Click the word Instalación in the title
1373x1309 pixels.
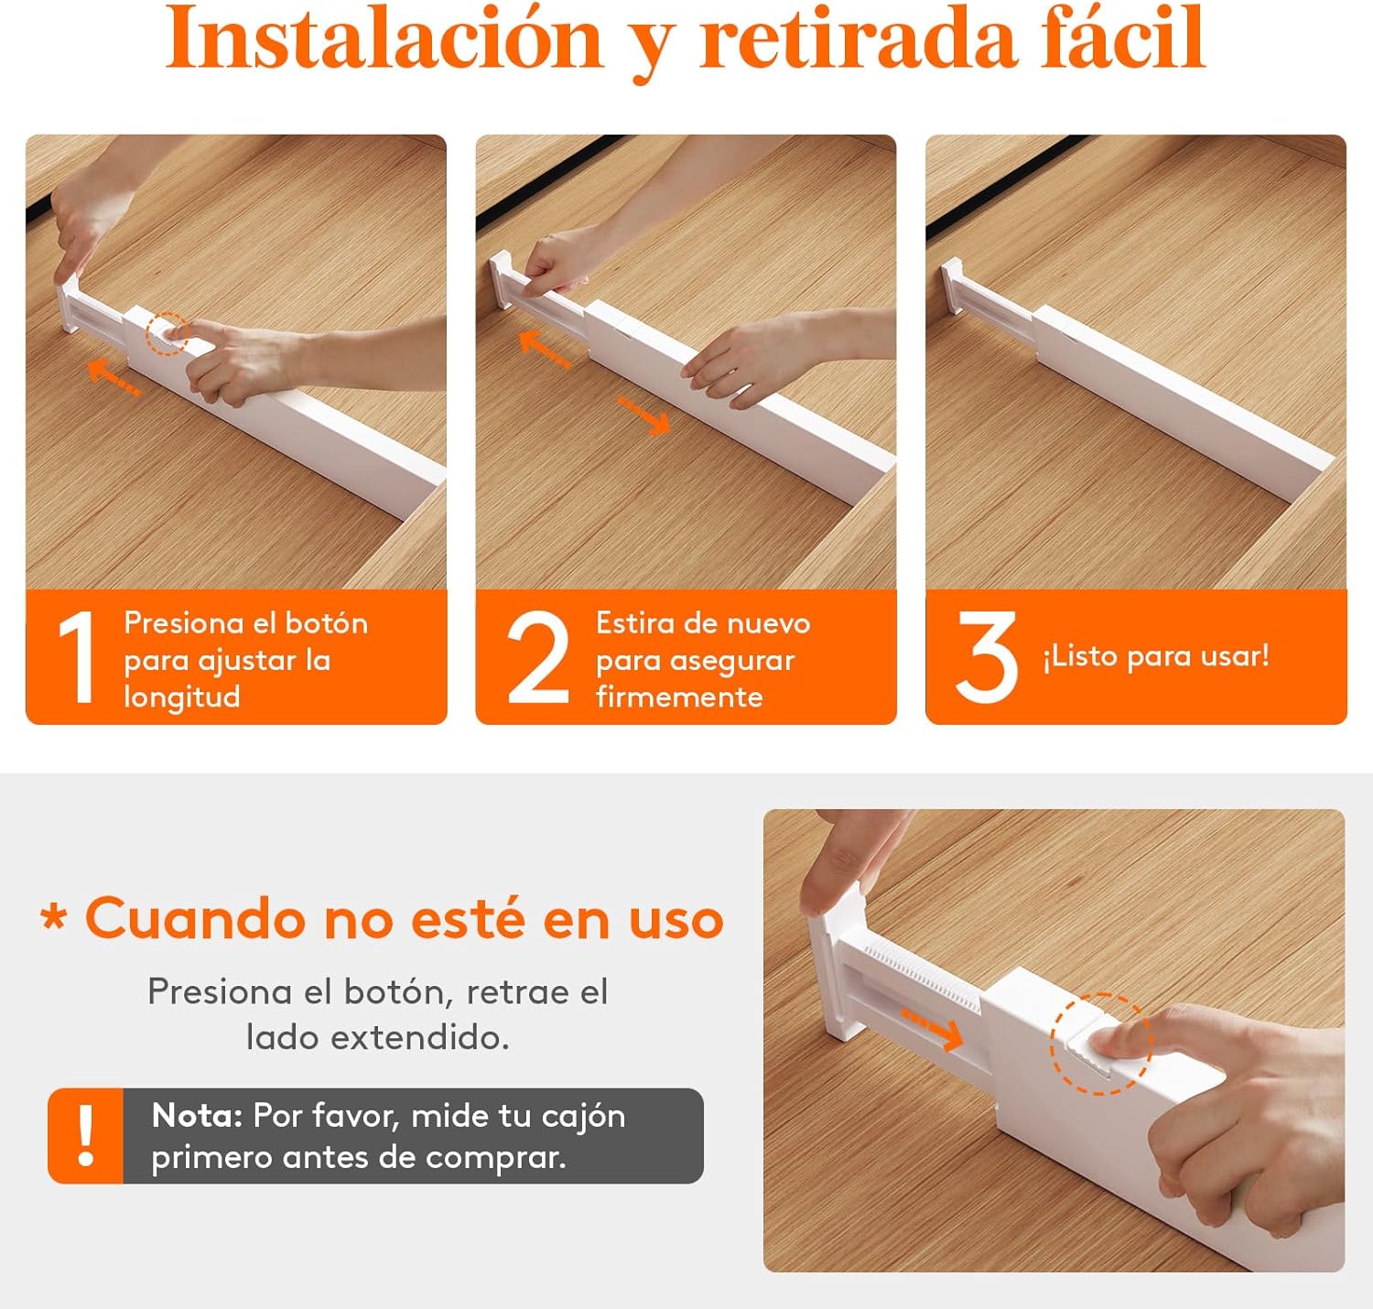point(384,38)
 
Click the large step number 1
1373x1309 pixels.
point(77,656)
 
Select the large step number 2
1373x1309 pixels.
point(537,656)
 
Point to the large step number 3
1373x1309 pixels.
point(986,656)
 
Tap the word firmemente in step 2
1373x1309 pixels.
point(679,698)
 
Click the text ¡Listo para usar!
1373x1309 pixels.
point(1156,656)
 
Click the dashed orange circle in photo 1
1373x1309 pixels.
point(168,333)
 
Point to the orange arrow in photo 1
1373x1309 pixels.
point(113,376)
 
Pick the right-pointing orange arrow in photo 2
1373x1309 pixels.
point(643,416)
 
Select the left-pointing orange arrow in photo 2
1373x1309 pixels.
point(545,350)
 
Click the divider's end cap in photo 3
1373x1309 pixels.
point(952,286)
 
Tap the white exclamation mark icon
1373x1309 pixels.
point(86,1135)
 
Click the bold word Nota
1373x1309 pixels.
point(197,1116)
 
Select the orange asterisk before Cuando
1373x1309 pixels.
point(54,917)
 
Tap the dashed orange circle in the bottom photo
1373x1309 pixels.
point(1100,1044)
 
